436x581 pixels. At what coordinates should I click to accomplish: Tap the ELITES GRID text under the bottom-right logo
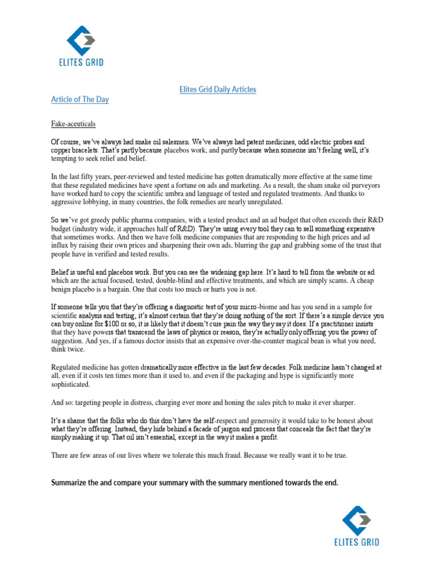point(356,542)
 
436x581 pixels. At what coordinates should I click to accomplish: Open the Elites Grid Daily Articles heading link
point(218,90)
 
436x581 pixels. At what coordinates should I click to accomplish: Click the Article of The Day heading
point(80,100)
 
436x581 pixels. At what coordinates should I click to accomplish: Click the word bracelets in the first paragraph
point(86,150)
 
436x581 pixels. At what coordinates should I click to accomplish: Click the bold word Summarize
point(72,483)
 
